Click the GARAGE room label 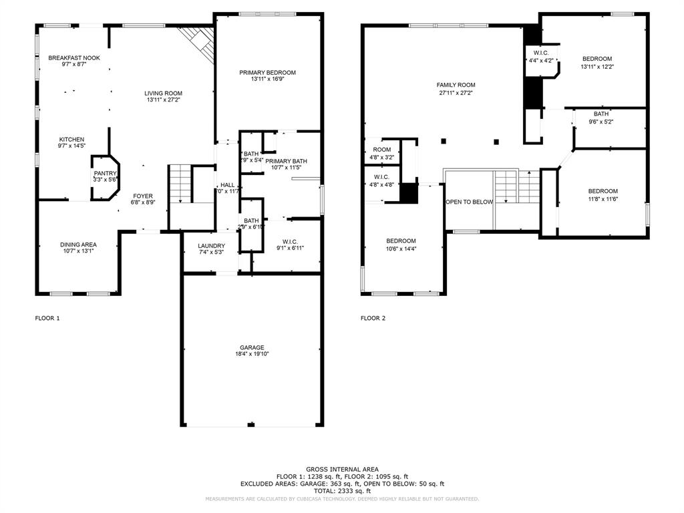point(252,347)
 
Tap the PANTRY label point(105,174)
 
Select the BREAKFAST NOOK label point(73,58)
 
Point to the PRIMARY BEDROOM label point(267,72)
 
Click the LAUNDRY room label point(210,246)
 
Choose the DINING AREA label point(79,244)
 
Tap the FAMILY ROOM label point(456,85)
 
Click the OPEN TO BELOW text point(469,202)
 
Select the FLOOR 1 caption point(47,319)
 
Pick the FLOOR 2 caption point(373,319)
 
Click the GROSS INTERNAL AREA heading point(342,470)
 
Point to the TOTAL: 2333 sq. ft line point(342,490)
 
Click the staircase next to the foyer point(179,183)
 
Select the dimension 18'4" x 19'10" point(252,355)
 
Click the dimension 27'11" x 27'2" point(456,93)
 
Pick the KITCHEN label point(71,139)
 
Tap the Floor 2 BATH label point(601,114)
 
